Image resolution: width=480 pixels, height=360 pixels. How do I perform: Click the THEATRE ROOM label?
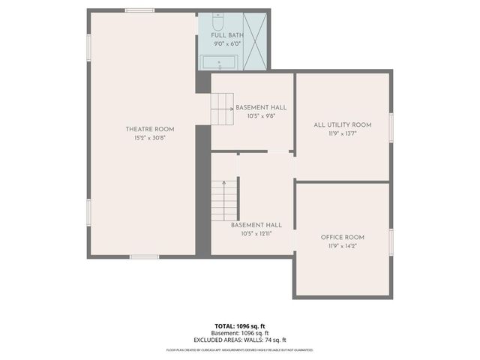144,129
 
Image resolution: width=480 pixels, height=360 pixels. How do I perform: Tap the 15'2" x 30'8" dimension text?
144,137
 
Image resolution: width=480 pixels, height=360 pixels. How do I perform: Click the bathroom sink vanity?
218,61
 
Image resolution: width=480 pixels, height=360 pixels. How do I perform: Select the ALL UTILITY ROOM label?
343,124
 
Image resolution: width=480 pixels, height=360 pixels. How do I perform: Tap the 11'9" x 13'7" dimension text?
343,133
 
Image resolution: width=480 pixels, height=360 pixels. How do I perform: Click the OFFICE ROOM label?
343,237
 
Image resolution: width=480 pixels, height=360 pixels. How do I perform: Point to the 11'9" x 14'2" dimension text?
343,246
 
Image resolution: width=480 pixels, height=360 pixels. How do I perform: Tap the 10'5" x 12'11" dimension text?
256,233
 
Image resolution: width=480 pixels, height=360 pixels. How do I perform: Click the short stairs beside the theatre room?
222,109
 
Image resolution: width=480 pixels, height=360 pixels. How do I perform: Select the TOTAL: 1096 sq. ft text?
240,326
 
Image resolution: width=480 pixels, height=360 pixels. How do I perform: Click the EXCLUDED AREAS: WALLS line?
240,340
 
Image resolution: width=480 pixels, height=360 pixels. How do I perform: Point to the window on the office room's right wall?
391,241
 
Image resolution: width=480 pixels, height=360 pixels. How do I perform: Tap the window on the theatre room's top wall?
139,10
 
